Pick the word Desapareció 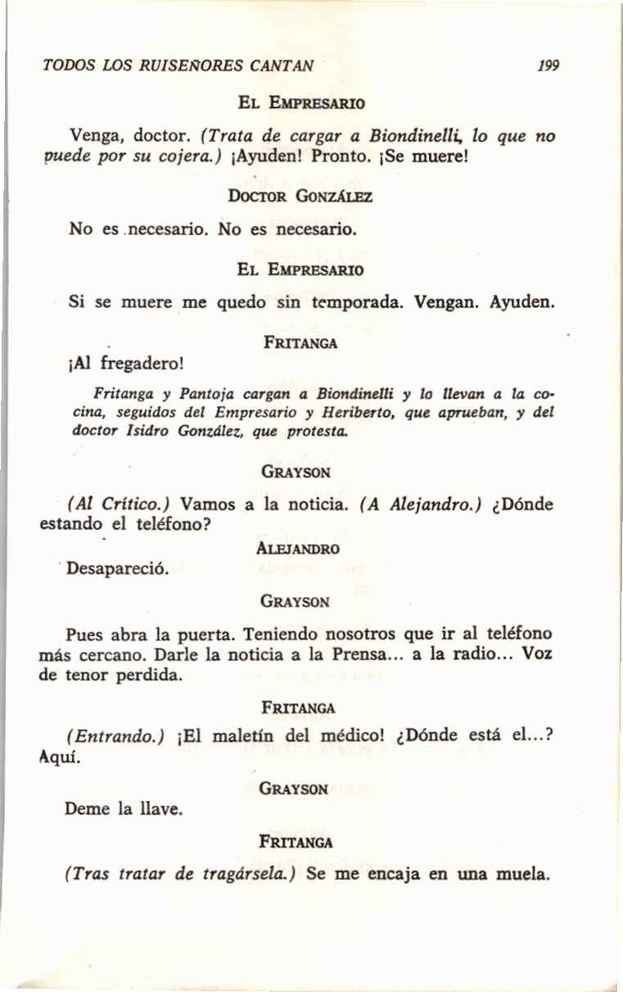click(118, 568)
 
